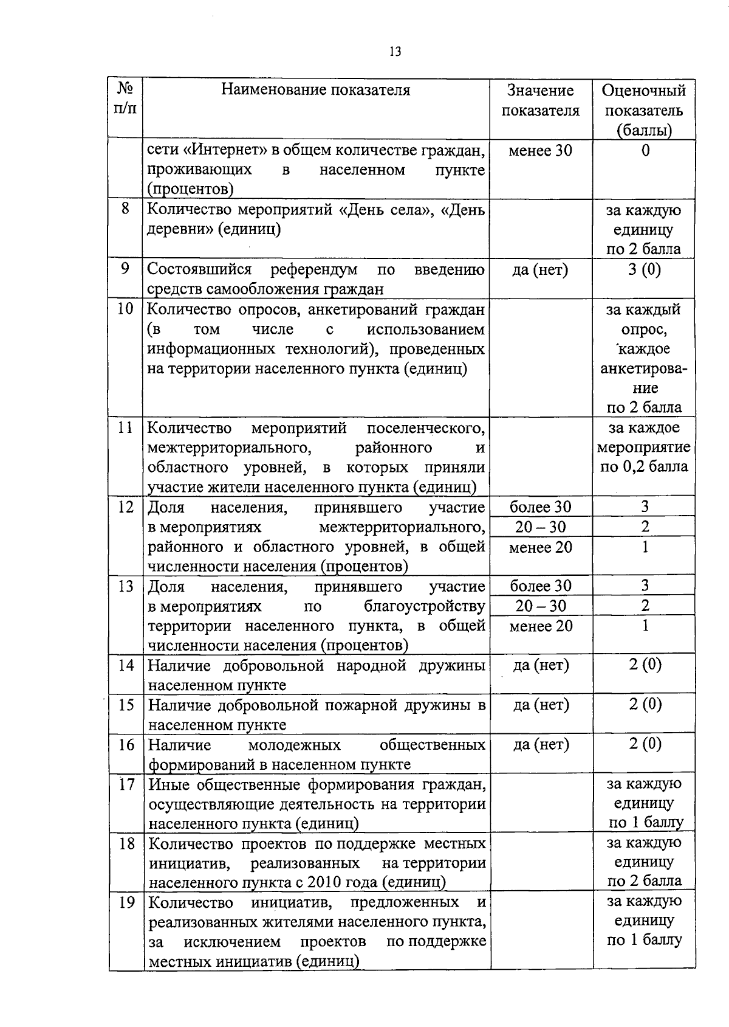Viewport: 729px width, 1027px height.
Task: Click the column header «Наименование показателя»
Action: pyautogui.click(x=315, y=90)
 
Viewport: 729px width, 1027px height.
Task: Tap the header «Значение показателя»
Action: pyautogui.click(x=540, y=100)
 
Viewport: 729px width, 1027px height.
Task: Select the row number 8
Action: pyautogui.click(x=125, y=209)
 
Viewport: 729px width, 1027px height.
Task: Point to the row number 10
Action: pyautogui.click(x=125, y=309)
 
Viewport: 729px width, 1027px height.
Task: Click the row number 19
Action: pyautogui.click(x=126, y=902)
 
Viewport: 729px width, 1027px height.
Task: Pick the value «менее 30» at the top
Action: pyautogui.click(x=540, y=150)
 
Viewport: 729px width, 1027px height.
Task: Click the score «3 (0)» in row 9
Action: pyautogui.click(x=645, y=269)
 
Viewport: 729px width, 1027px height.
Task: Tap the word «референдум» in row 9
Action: pyautogui.click(x=314, y=269)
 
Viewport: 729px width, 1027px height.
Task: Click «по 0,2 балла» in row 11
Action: pyautogui.click(x=644, y=466)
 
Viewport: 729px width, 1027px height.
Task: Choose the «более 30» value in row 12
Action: pyautogui.click(x=541, y=507)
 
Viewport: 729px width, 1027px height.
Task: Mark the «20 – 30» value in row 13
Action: pyautogui.click(x=541, y=606)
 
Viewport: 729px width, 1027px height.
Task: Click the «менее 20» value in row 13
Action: pyautogui.click(x=541, y=626)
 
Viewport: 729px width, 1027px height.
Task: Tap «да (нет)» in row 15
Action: pyautogui.click(x=541, y=705)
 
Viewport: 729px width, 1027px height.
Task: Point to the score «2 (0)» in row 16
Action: pyautogui.click(x=645, y=744)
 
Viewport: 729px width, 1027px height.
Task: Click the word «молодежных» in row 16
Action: pyautogui.click(x=295, y=745)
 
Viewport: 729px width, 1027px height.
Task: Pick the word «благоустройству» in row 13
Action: pyautogui.click(x=425, y=606)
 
